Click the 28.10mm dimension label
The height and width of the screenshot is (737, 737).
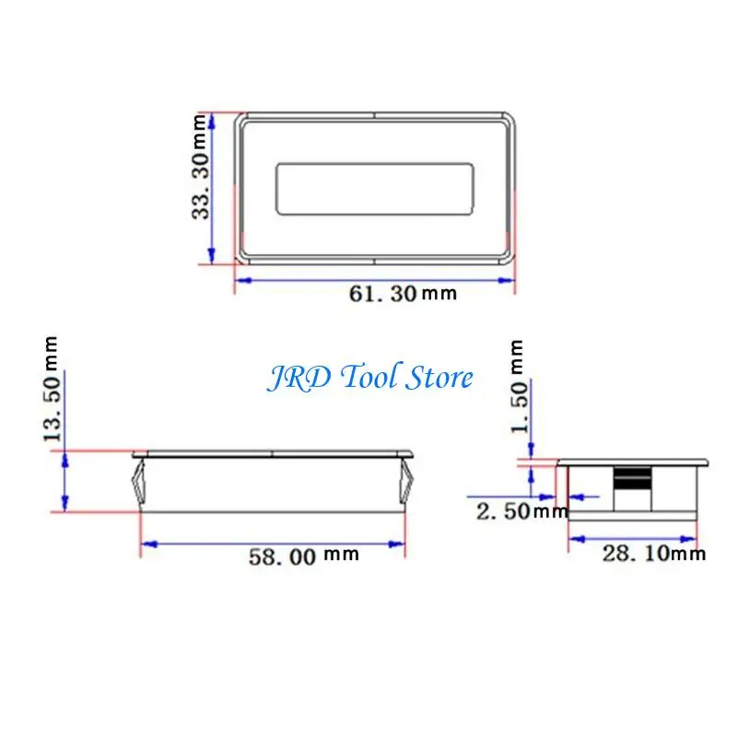[x=654, y=553]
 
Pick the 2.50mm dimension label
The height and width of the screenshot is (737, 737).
[x=521, y=511]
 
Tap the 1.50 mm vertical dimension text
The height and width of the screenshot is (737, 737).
[x=518, y=387]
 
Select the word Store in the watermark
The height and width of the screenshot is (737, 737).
[x=439, y=378]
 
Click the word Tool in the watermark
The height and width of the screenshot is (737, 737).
[x=368, y=378]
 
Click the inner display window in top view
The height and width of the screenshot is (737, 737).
[x=375, y=189]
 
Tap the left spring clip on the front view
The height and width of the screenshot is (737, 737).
[x=139, y=483]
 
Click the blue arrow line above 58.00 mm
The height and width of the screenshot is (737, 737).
[x=272, y=544]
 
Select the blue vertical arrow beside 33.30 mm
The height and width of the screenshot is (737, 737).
[x=214, y=189]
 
